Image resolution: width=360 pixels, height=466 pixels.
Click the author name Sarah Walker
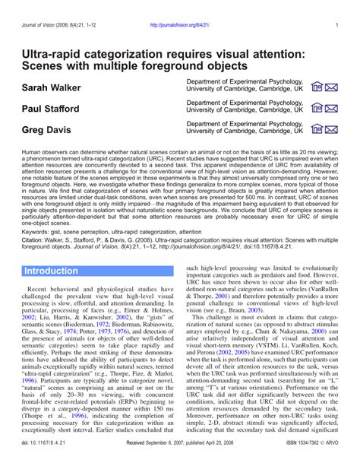[x=51, y=87]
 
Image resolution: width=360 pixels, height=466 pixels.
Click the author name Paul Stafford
[x=52, y=109]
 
